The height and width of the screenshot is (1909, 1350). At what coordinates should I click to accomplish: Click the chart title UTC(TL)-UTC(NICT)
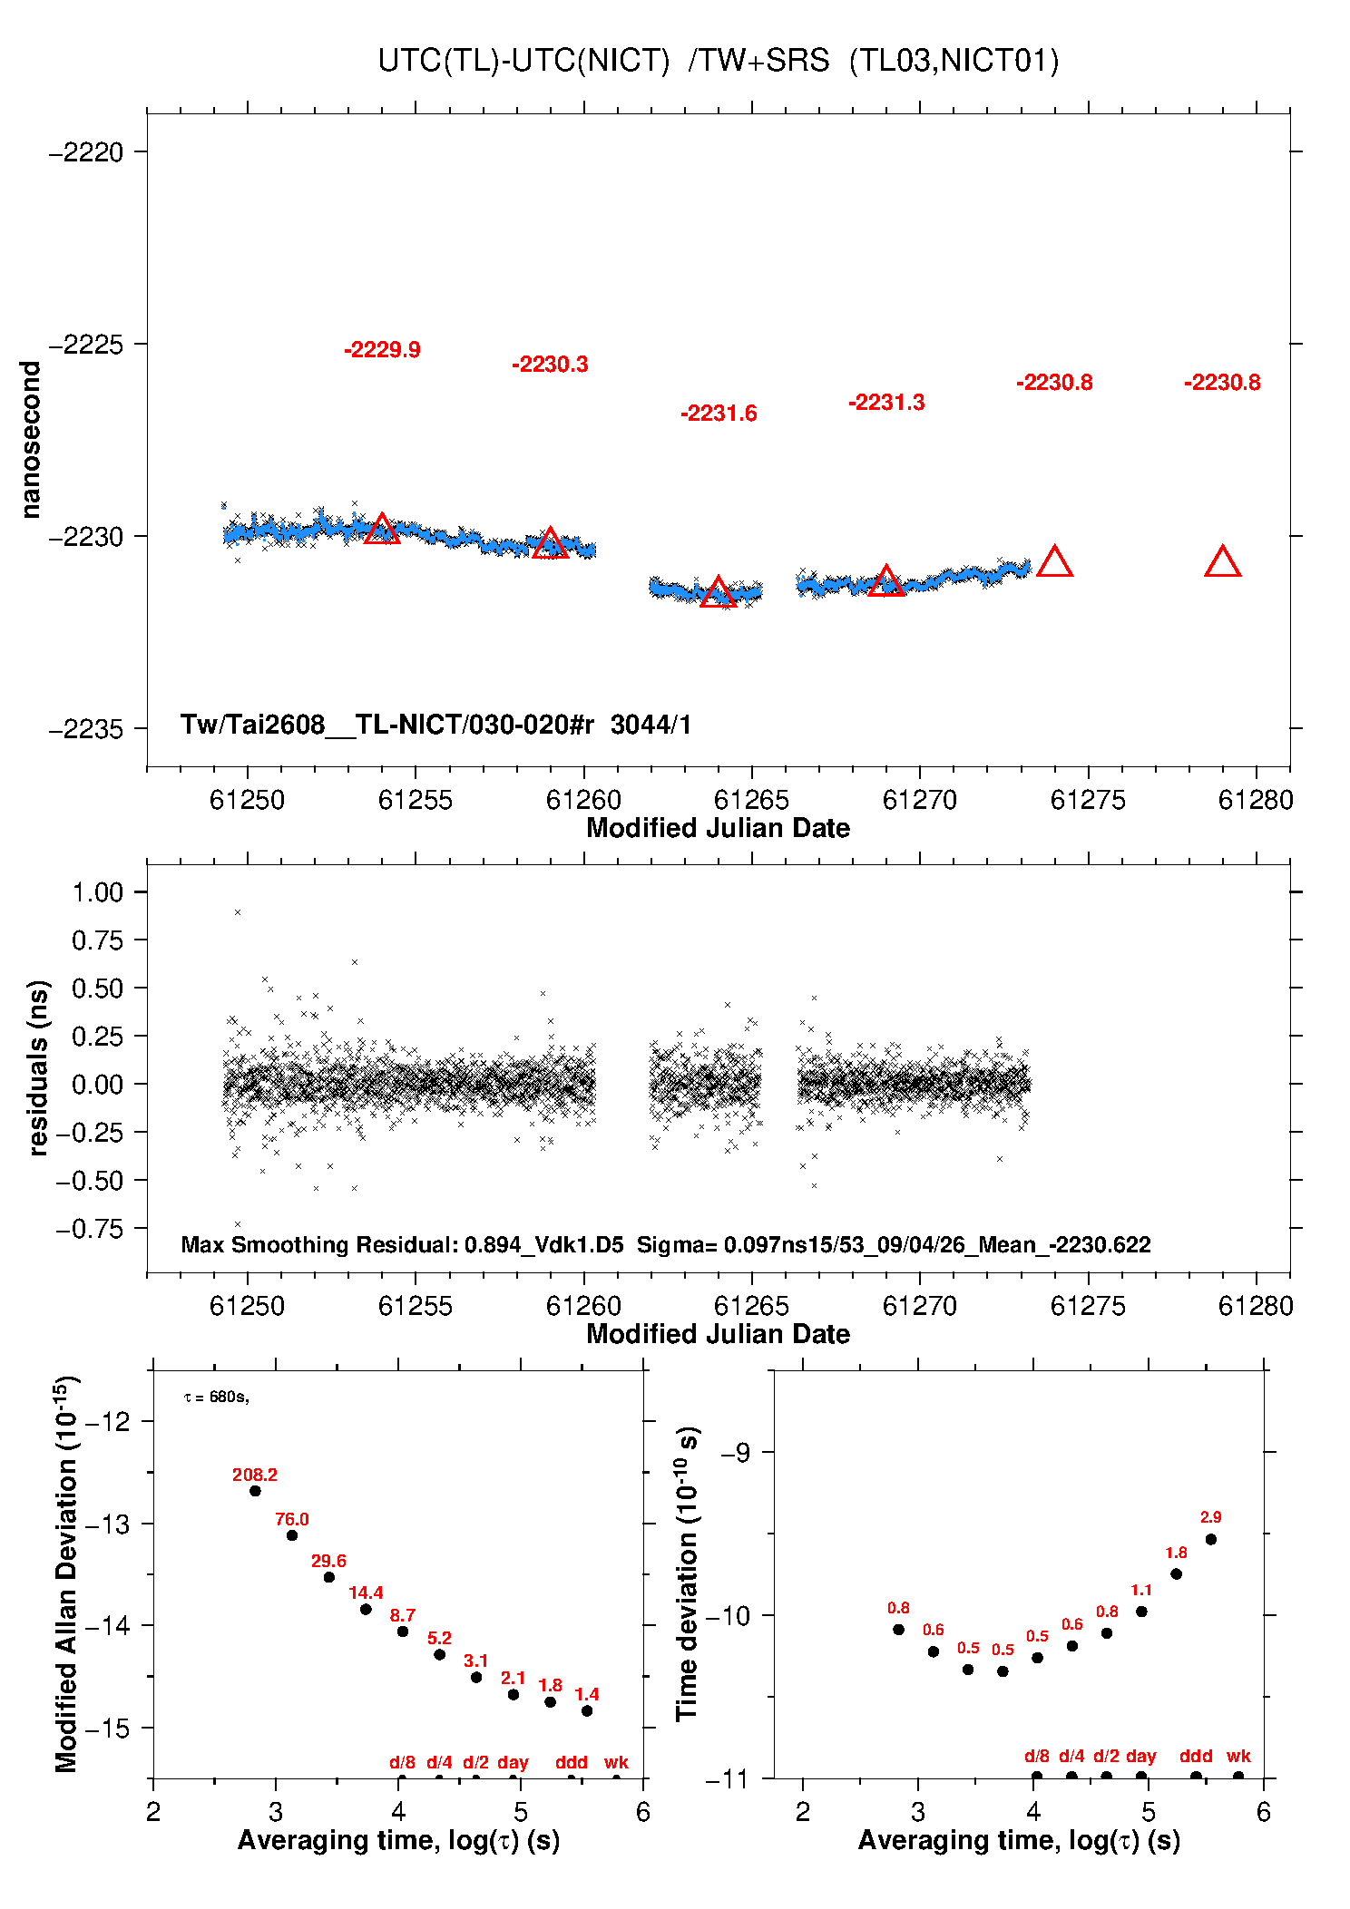pyautogui.click(x=523, y=61)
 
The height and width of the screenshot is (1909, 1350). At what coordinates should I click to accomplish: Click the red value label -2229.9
pyautogui.click(x=382, y=350)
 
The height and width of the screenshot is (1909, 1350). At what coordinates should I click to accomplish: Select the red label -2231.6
pyautogui.click(x=719, y=414)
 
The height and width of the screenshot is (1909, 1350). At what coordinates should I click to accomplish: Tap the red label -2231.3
pyautogui.click(x=886, y=403)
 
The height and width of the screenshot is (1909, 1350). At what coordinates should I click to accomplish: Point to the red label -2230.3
pyautogui.click(x=550, y=365)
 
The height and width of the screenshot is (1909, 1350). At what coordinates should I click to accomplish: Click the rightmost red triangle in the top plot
pyautogui.click(x=1222, y=563)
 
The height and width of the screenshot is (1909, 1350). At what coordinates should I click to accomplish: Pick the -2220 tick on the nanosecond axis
pyautogui.click(x=86, y=152)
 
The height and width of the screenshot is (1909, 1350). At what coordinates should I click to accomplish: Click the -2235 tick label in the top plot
pyautogui.click(x=86, y=729)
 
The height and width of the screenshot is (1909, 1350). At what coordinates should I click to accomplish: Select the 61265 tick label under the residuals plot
pyautogui.click(x=751, y=1306)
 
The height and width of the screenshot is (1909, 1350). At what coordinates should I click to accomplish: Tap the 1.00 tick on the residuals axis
pyautogui.click(x=97, y=892)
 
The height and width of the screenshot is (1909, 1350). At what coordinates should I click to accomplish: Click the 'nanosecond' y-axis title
pyautogui.click(x=31, y=440)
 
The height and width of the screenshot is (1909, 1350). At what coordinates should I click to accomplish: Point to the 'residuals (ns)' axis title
pyautogui.click(x=38, y=1068)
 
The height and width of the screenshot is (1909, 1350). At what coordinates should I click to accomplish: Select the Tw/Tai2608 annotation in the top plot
pyautogui.click(x=435, y=725)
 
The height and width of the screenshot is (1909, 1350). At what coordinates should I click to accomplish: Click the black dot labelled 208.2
pyautogui.click(x=255, y=1491)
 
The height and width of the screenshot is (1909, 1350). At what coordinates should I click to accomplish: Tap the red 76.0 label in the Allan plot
pyautogui.click(x=292, y=1519)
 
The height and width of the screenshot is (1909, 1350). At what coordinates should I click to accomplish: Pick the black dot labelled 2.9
pyautogui.click(x=1210, y=1539)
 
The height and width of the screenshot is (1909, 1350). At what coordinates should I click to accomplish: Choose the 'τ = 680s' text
pyautogui.click(x=217, y=1397)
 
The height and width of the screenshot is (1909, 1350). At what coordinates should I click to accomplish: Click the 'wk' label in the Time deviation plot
pyautogui.click(x=1238, y=1756)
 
